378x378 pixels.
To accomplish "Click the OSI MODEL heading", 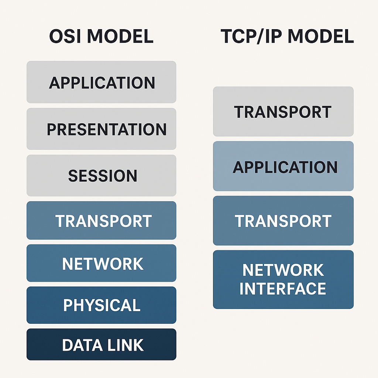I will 101,37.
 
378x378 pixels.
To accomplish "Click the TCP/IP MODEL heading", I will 287,37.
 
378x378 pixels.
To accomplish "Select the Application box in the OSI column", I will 102,82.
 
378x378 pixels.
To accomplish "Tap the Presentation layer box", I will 102,129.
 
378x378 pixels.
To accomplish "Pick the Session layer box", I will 102,176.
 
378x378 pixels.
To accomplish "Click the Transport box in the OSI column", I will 102,221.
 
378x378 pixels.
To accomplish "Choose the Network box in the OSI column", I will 102,264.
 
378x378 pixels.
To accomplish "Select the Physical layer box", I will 102,305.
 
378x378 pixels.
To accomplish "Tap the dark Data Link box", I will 102,345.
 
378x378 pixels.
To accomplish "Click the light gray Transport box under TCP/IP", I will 283,112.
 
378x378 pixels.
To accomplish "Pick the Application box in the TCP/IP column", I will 283,167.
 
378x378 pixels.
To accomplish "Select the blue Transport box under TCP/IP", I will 283,221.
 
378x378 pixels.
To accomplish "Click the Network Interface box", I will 283,279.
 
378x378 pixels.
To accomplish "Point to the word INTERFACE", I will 283,289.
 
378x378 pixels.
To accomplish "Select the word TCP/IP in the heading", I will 250,37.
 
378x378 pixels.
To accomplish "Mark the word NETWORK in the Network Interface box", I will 283,270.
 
